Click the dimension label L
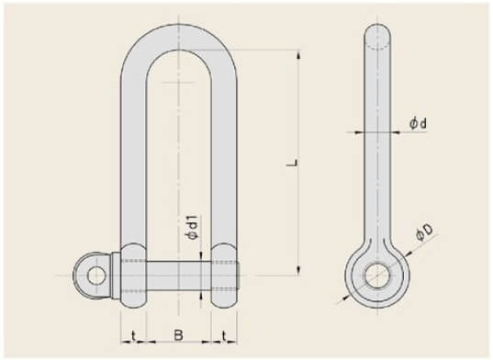[x=293, y=163]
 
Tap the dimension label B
[x=178, y=335]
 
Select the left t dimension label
[x=133, y=336]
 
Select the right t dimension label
[x=223, y=336]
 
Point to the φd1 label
[x=192, y=228]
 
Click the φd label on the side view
[x=418, y=124]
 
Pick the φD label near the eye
[x=423, y=232]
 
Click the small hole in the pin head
[x=95, y=276]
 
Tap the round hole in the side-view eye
[x=377, y=276]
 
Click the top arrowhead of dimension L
[x=298, y=55]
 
